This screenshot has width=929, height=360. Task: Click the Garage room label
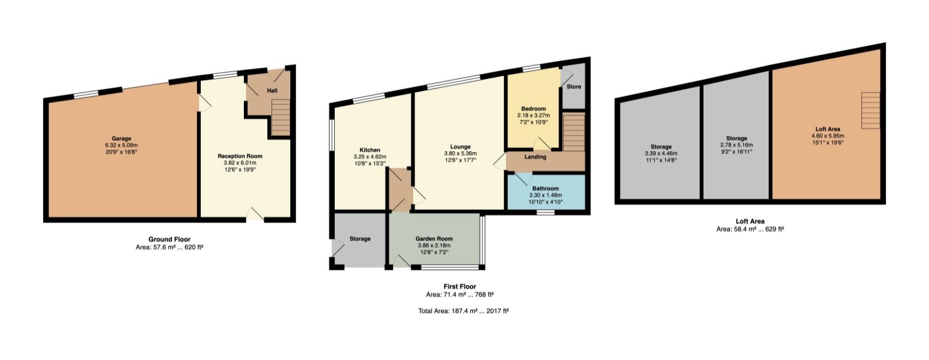pyautogui.click(x=121, y=138)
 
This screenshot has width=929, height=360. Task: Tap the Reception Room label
pyautogui.click(x=240, y=156)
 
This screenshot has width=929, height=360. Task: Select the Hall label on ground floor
pyautogui.click(x=272, y=90)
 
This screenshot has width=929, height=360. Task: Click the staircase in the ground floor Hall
pyautogui.click(x=280, y=117)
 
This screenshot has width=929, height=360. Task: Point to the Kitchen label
pyautogui.click(x=370, y=150)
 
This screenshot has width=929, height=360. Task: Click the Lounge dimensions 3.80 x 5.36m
pyautogui.click(x=460, y=153)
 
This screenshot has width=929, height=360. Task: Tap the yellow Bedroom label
pyautogui.click(x=533, y=109)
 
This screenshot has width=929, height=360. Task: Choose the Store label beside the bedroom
pyautogui.click(x=574, y=87)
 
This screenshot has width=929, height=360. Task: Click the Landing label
pyautogui.click(x=535, y=157)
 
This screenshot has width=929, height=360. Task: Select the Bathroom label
pyautogui.click(x=545, y=189)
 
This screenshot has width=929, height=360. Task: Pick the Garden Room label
pyautogui.click(x=434, y=239)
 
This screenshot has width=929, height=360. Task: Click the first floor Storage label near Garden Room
pyautogui.click(x=360, y=239)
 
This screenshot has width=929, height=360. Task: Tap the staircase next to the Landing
pyautogui.click(x=574, y=132)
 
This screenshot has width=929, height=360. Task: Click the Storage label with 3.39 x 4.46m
pyautogui.click(x=661, y=147)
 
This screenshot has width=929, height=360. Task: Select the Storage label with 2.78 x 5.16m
pyautogui.click(x=736, y=138)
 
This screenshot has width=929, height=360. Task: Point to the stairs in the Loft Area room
pyautogui.click(x=870, y=111)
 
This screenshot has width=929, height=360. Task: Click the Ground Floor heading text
pyautogui.click(x=169, y=239)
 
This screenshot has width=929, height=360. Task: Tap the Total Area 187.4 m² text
pyautogui.click(x=464, y=311)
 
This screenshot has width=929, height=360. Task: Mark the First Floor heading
pyautogui.click(x=460, y=286)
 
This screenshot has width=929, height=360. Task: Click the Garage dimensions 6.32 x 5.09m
pyautogui.click(x=121, y=145)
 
